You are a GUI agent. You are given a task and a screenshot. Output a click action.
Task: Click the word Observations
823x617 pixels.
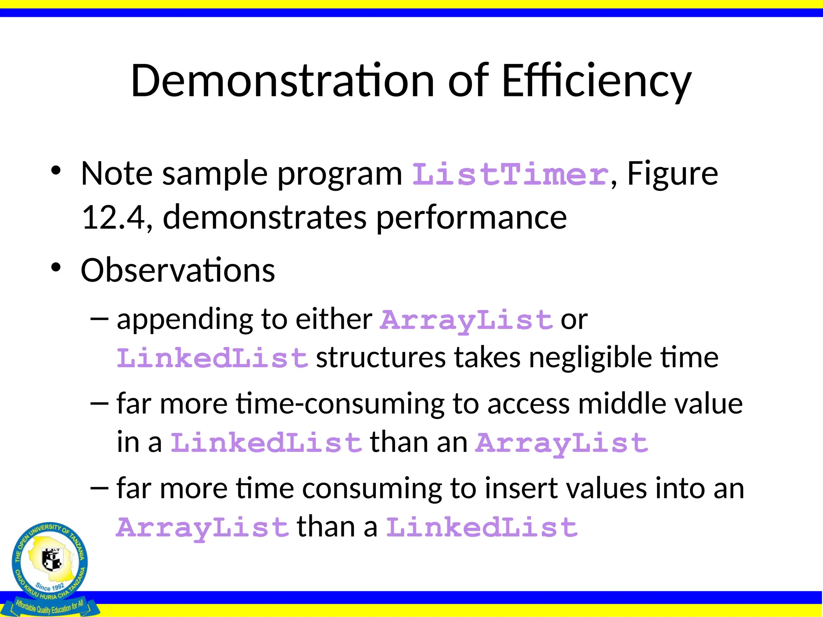178,270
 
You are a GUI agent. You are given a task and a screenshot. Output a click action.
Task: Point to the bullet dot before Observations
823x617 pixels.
56,267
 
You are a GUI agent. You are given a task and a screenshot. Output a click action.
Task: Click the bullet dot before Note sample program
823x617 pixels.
56,171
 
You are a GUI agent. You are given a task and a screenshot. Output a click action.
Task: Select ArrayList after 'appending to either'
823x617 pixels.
467,321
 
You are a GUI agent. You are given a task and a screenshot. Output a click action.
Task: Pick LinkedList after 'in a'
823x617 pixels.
266,443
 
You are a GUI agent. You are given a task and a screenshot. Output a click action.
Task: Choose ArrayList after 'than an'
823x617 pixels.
561,443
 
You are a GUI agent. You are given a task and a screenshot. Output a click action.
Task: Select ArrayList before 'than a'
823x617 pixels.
203,527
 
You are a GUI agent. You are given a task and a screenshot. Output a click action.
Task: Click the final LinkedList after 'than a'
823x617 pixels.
482,527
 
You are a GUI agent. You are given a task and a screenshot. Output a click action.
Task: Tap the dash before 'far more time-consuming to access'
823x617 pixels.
100,403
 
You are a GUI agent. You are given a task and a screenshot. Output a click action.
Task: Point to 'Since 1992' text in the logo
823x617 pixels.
49,586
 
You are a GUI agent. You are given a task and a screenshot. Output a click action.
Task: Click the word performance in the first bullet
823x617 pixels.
471,217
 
